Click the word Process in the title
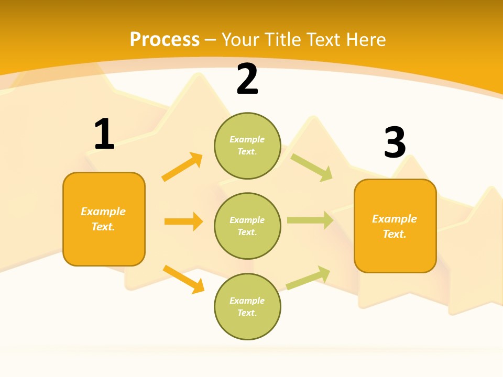coord(165,40)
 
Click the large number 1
coord(104,134)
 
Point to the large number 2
coord(247,80)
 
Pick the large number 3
coord(395,142)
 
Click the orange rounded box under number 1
coord(104,219)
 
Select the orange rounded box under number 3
coord(395,226)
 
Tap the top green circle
coord(247,146)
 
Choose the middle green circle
coord(247,226)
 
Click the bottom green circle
coord(247,307)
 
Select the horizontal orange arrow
coord(183,221)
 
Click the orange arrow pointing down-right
coord(184,279)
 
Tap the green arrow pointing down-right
coord(312,167)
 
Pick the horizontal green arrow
coord(310,220)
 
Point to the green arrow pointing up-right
coord(308,278)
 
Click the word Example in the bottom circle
coord(247,301)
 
